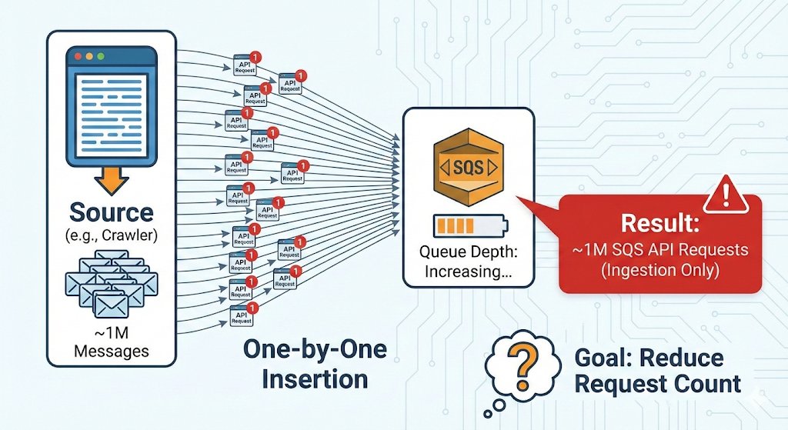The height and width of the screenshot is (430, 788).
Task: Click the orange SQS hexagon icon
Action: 467,165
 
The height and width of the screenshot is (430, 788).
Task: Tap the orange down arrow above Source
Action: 112,182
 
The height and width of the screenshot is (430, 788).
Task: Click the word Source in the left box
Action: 112,213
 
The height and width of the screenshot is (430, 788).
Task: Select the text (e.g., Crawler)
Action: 112,235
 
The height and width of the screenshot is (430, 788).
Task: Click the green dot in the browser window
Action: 98,57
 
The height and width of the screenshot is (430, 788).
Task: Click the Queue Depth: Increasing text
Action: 467,262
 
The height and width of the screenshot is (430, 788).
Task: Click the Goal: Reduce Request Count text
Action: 657,371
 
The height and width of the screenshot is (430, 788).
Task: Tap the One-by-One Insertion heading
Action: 314,364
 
